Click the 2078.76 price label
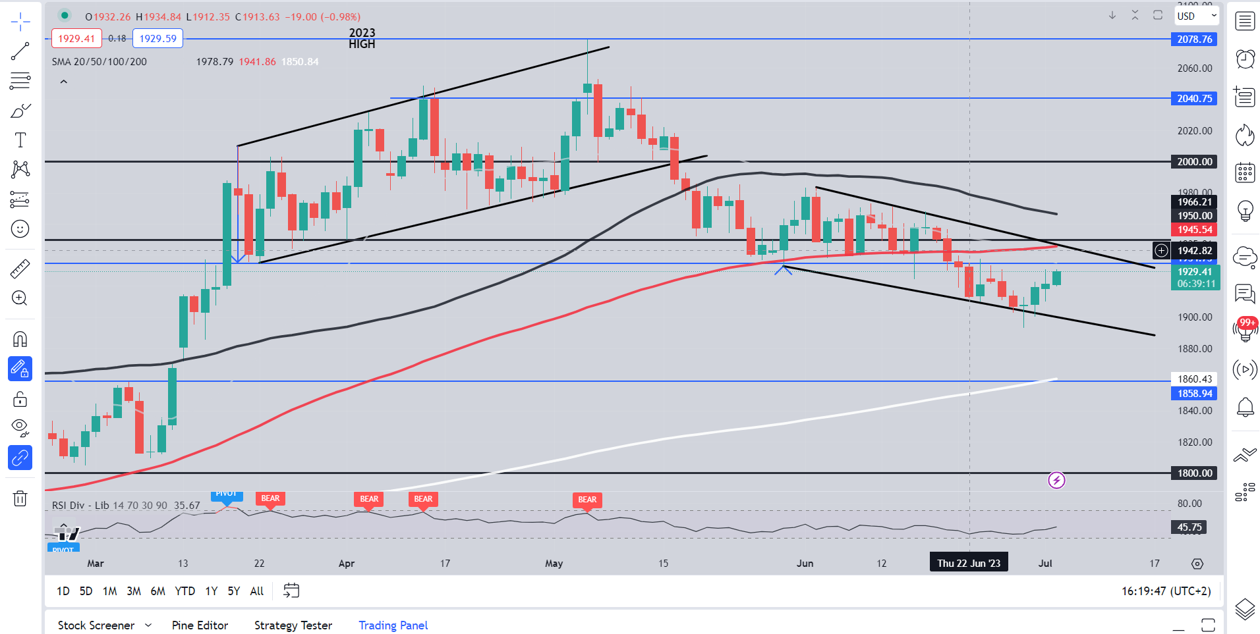tap(1194, 40)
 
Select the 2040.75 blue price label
tap(1194, 99)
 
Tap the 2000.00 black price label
tap(1194, 162)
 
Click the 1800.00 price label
tap(1194, 473)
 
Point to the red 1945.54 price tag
tap(1194, 230)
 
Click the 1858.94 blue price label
tap(1194, 394)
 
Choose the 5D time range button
tap(86, 591)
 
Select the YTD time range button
tap(185, 591)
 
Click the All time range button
tap(256, 591)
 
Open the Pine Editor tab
tap(200, 625)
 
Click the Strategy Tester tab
tap(293, 625)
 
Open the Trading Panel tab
tap(393, 625)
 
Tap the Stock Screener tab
tap(96, 625)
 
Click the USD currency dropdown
tap(1196, 16)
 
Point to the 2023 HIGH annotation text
tap(362, 38)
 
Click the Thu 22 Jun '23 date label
tap(969, 564)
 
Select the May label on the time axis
tap(554, 564)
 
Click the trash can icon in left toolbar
tap(20, 498)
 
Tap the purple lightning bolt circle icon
tap(1056, 481)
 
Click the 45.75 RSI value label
tap(1189, 527)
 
